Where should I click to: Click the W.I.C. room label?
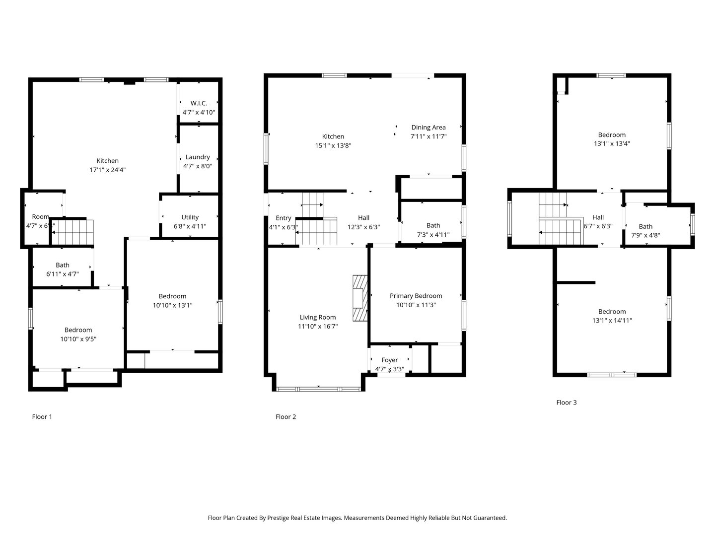click(x=198, y=103)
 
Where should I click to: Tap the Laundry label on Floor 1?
click(x=197, y=157)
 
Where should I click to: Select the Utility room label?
click(x=190, y=217)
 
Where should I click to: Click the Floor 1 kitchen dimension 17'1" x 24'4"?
click(x=107, y=170)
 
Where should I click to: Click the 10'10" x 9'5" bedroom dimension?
click(x=78, y=339)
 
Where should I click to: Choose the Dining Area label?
click(x=428, y=127)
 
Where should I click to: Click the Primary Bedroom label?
click(x=416, y=296)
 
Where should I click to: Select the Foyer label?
click(x=389, y=360)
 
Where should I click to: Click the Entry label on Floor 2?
click(x=283, y=218)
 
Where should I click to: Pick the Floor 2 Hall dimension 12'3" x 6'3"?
click(x=363, y=227)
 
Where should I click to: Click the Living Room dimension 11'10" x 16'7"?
click(x=318, y=326)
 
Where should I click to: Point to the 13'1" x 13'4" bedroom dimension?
click(x=612, y=143)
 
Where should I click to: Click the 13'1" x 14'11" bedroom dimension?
click(x=612, y=321)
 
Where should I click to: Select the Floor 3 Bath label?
click(x=645, y=227)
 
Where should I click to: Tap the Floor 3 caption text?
click(x=566, y=402)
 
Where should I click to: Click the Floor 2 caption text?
click(x=286, y=417)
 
